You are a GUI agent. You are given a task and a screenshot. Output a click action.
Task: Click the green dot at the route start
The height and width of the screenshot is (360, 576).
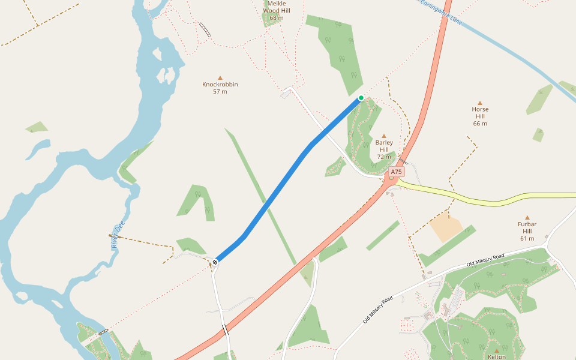click(x=361, y=98)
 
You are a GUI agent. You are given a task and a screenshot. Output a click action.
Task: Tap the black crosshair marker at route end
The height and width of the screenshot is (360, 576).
click(x=215, y=262)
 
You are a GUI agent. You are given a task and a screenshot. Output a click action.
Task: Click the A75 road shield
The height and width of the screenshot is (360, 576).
click(x=395, y=172)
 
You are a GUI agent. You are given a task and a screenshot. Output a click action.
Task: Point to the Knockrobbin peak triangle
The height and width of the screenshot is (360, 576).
click(x=220, y=78)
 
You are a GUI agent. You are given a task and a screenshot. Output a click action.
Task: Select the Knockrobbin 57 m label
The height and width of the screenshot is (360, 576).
click(x=220, y=88)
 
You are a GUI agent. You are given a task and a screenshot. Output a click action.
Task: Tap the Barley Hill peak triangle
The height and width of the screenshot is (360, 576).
click(x=384, y=136)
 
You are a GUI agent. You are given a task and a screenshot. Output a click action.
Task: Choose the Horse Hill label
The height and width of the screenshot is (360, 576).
click(x=480, y=116)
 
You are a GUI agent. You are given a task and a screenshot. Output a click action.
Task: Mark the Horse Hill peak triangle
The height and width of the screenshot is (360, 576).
click(x=480, y=103)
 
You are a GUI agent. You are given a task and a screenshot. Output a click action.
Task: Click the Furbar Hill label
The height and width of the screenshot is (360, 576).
click(x=527, y=231)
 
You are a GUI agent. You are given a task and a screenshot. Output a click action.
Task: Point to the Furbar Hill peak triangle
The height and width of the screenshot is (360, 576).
click(x=527, y=218)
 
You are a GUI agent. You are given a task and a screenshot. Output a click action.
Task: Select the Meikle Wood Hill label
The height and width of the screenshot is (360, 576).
click(x=276, y=10)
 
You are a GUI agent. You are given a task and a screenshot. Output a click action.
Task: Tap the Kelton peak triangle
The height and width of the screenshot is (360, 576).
click(x=497, y=350)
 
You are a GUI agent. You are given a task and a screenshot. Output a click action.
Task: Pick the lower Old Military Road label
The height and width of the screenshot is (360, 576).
click(x=377, y=310)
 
